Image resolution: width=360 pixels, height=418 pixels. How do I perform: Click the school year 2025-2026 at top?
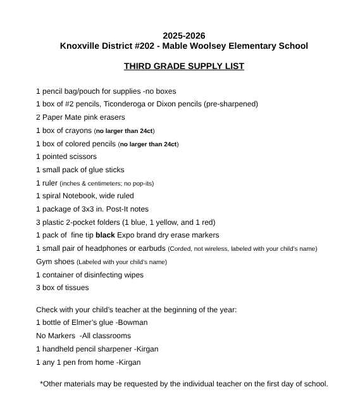point(183,35)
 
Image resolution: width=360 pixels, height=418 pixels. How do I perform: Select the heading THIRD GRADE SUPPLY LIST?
point(183,66)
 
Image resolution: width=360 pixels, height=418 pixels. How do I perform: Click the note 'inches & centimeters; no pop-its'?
point(111,183)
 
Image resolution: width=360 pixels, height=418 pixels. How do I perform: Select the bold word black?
point(105,235)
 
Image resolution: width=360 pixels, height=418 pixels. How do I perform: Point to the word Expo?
point(127,235)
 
